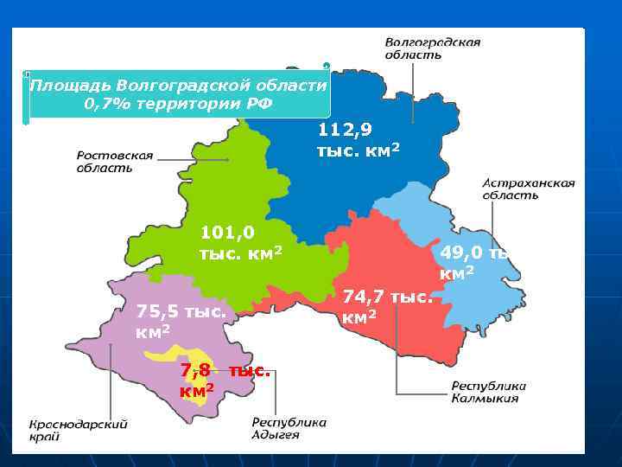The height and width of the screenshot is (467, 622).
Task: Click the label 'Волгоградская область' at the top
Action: (x=432, y=48)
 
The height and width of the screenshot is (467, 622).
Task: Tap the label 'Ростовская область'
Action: (x=115, y=162)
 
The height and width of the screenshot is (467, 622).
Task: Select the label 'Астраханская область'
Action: (x=528, y=189)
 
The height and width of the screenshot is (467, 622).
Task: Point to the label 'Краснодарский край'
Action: (x=79, y=431)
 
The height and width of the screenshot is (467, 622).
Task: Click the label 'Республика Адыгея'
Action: (x=289, y=429)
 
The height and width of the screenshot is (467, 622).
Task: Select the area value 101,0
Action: (x=227, y=233)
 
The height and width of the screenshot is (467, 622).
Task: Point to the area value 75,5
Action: (x=159, y=312)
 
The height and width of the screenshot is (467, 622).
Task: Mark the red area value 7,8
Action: (x=195, y=371)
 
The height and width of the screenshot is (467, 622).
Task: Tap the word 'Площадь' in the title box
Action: (x=70, y=86)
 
